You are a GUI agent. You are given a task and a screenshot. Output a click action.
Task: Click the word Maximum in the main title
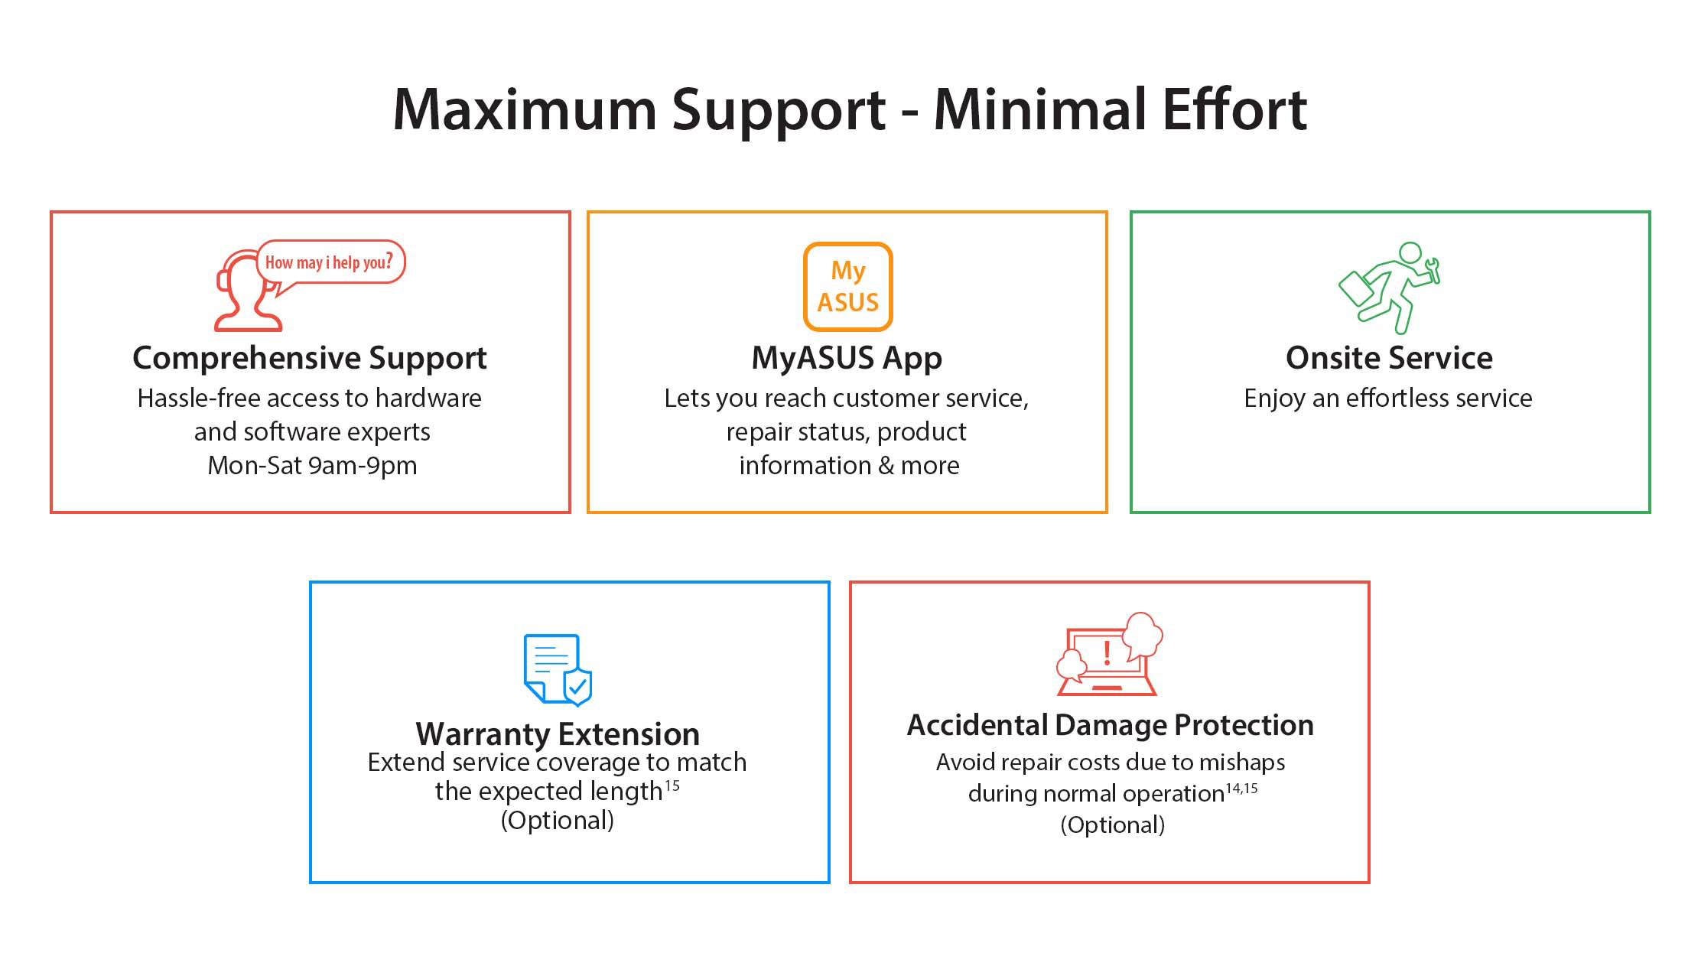525,109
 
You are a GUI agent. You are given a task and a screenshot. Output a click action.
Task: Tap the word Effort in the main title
1234,109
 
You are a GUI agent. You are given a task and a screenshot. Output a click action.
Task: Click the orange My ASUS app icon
847,287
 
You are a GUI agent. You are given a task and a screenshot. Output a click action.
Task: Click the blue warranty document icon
558,669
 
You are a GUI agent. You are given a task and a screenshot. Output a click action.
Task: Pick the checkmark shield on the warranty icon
577,686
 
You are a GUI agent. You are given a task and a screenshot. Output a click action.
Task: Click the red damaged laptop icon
1109,654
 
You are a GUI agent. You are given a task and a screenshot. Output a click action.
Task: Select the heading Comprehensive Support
310,359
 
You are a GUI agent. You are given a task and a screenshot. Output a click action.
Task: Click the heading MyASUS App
847,359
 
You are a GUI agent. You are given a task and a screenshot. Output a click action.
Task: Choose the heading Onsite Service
1389,358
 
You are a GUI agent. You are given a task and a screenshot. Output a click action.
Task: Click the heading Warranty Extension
558,734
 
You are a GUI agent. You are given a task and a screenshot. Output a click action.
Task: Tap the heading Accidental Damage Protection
1111,725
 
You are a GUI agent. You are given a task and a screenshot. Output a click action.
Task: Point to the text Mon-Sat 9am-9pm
312,465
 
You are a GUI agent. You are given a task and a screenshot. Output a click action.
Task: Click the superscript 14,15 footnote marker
1242,788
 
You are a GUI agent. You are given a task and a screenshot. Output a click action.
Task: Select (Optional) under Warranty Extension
558,821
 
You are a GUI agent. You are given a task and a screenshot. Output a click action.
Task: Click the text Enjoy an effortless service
1388,398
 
